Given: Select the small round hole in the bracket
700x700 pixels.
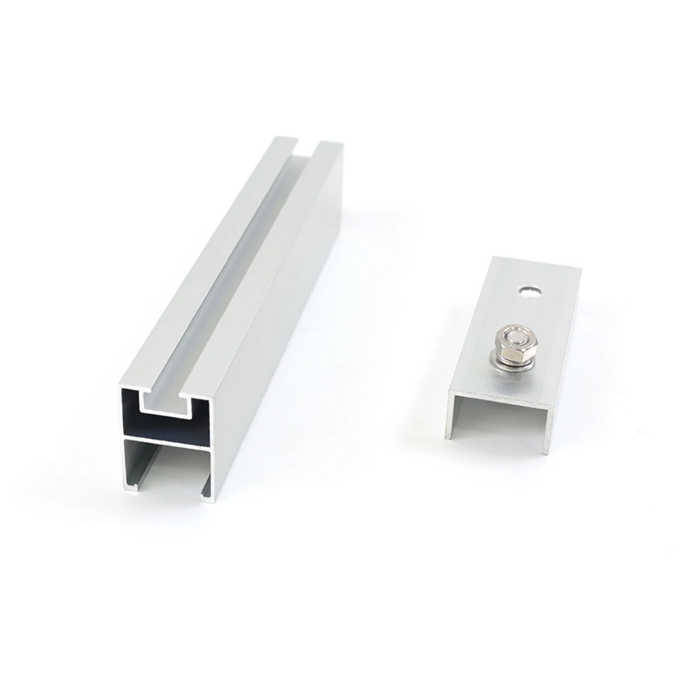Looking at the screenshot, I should click(531, 288).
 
